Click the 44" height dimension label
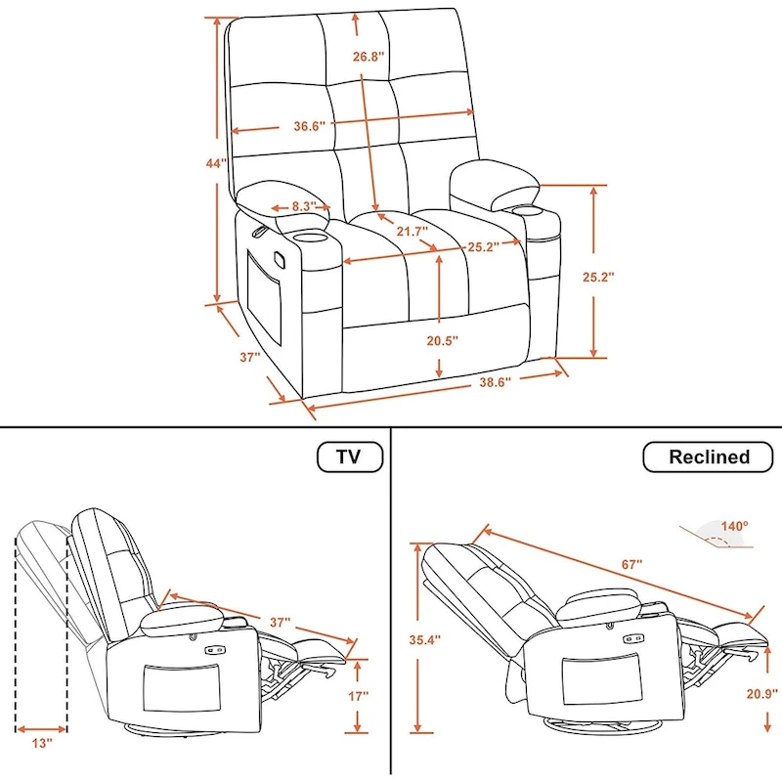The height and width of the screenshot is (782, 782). pos(216,163)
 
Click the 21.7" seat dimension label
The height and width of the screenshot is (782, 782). pos(412,232)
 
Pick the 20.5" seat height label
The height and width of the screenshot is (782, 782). pos(442,340)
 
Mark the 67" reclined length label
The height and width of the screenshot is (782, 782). pos(630,564)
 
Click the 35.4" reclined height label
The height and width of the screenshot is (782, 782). pos(423,640)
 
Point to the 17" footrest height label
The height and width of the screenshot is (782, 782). pos(359,696)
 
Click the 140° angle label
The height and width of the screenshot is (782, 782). pos(734,525)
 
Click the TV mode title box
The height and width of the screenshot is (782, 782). pos(349,456)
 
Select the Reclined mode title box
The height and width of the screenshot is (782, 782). pos(709,456)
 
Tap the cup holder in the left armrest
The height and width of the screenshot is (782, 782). pos(307,237)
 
